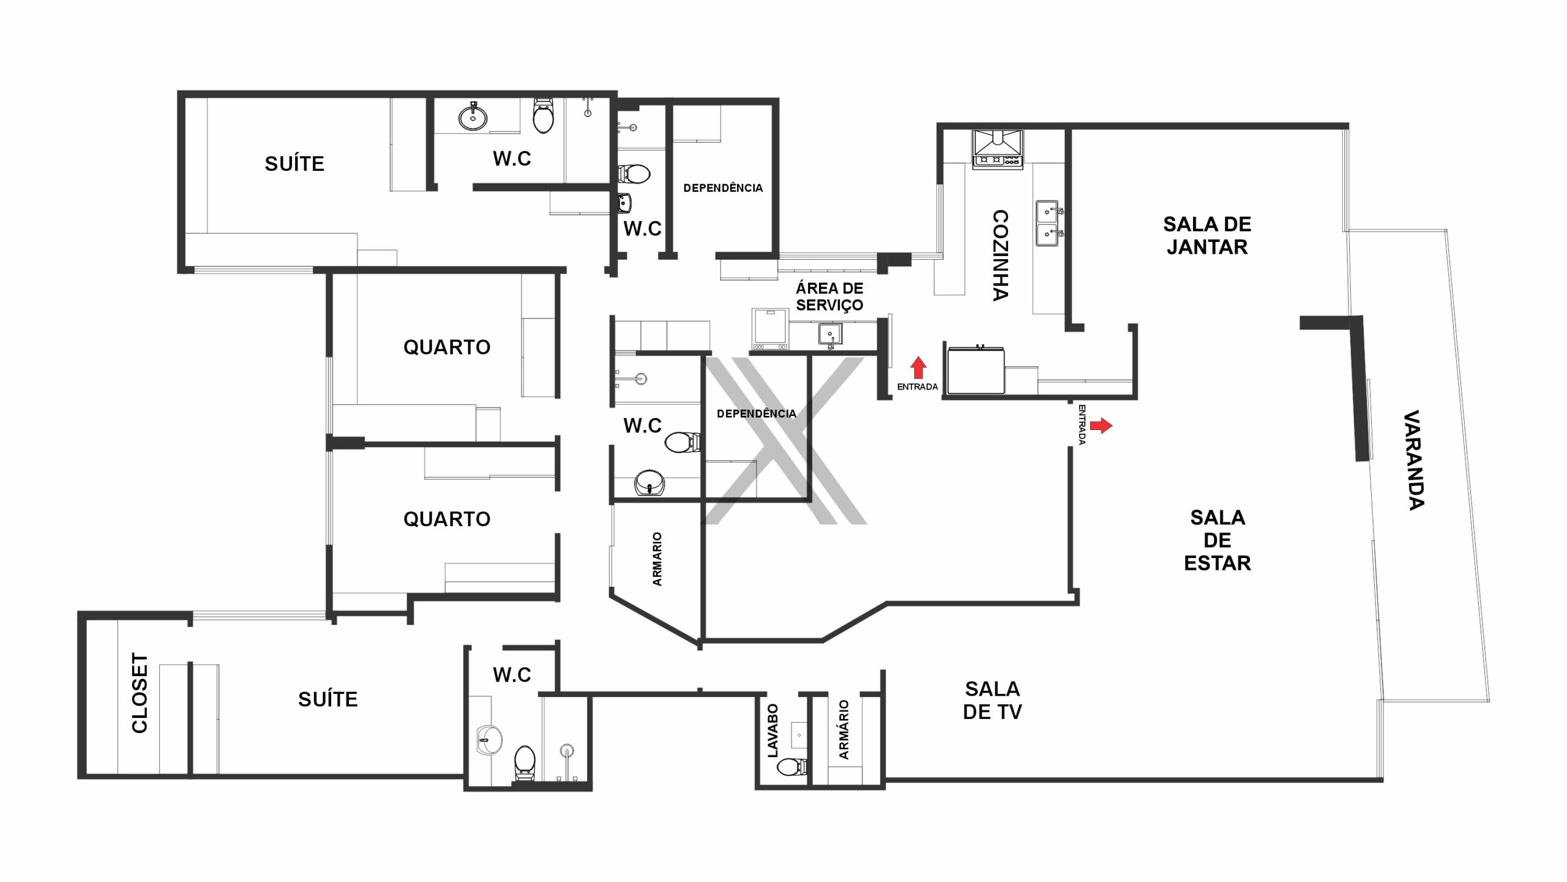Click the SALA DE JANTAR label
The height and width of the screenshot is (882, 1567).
(1207, 235)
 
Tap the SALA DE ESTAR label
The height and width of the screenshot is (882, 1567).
(1217, 540)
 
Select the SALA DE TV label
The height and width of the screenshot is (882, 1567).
(992, 700)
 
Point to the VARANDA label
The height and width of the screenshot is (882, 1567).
(1414, 460)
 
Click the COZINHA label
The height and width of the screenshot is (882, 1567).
(1000, 255)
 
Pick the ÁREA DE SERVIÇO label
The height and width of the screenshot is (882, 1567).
(829, 296)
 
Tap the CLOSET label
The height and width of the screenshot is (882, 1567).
(140, 693)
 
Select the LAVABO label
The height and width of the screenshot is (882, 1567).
(772, 731)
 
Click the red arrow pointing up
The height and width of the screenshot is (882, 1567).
(918, 367)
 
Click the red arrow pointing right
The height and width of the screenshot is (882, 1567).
(1101, 425)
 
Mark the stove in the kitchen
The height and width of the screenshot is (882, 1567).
(998, 148)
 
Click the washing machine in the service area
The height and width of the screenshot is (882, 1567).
(770, 330)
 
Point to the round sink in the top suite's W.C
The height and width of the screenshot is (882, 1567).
(473, 118)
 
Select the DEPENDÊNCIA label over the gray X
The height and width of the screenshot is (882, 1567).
(757, 414)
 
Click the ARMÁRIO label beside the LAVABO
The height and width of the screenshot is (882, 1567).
(844, 730)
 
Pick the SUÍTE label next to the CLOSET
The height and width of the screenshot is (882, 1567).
(328, 699)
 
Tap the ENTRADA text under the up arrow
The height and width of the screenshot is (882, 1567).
(918, 387)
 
